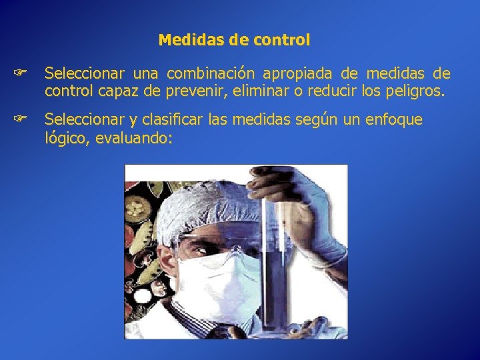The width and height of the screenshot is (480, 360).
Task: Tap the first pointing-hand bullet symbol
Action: pos(21,73)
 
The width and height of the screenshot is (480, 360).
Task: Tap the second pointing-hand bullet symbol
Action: pos(21,119)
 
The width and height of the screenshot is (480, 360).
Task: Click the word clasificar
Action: pos(173,119)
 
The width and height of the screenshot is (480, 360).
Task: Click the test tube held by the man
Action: pos(273,267)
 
